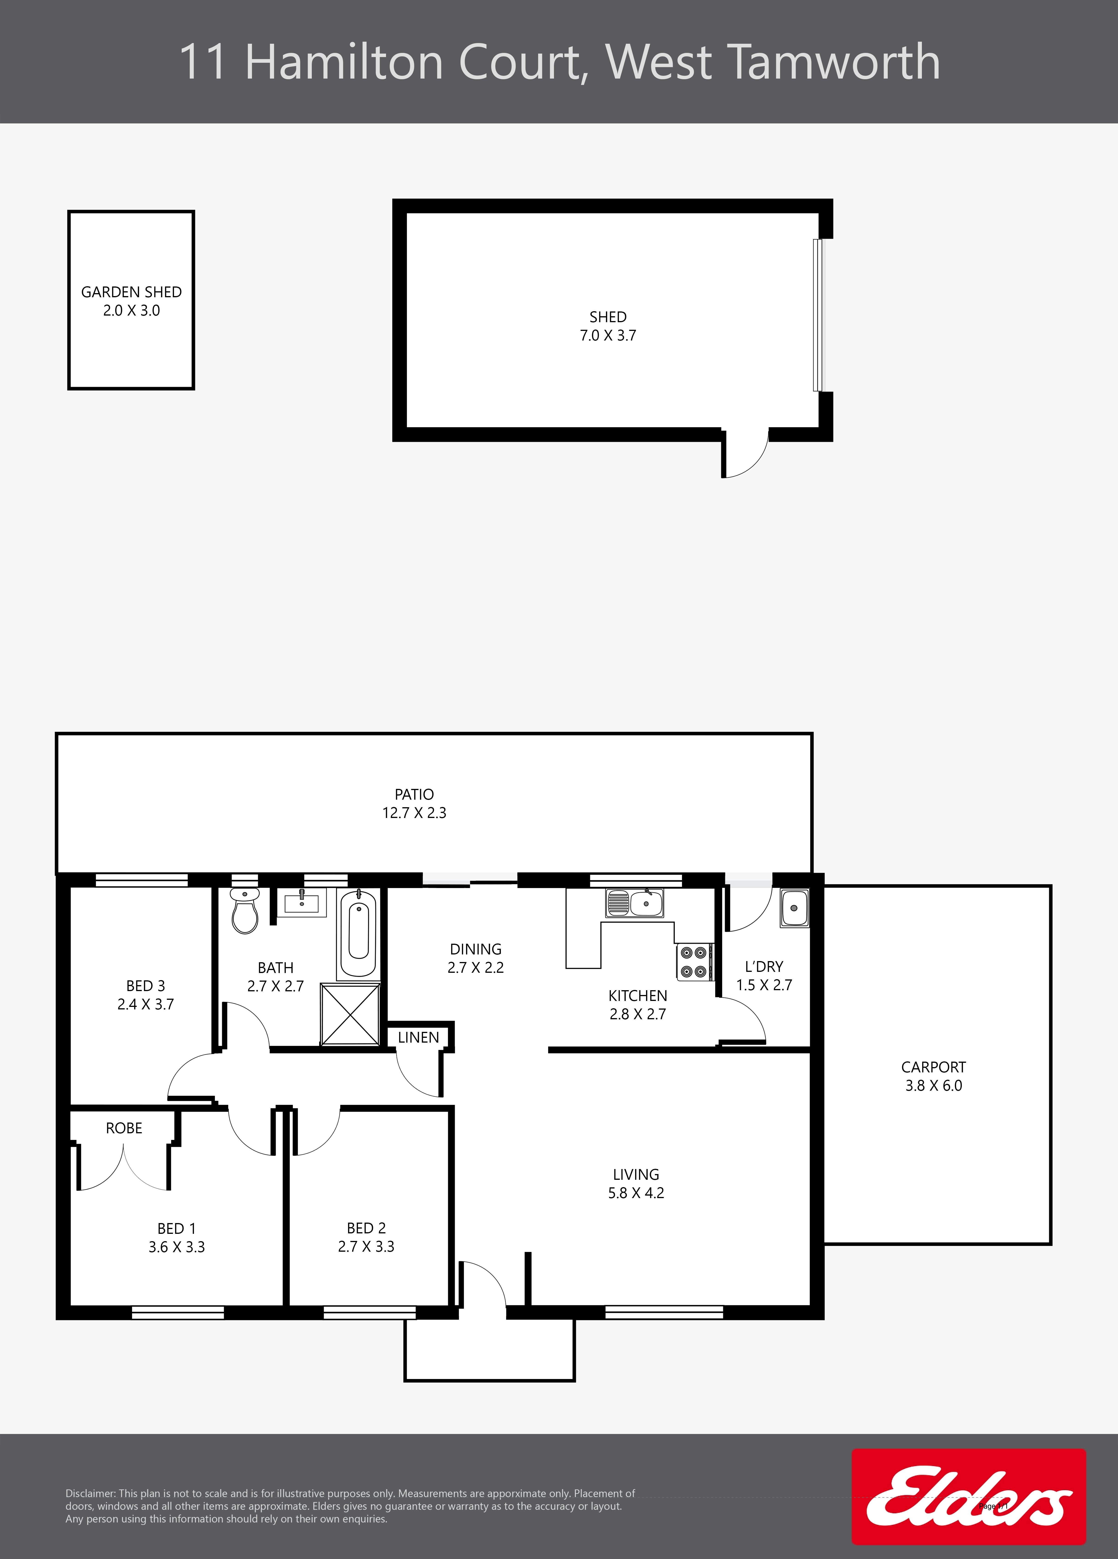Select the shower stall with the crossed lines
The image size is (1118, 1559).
click(350, 1015)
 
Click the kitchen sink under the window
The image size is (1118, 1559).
click(635, 903)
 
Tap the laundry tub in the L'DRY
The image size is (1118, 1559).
click(794, 908)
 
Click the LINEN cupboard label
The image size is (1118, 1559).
click(418, 1037)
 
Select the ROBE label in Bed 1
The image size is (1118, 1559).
click(124, 1128)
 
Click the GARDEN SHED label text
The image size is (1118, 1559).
click(131, 292)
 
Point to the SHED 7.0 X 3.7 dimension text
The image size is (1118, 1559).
click(608, 335)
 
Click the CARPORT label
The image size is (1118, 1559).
click(933, 1067)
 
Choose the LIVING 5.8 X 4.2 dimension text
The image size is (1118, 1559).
click(636, 1193)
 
